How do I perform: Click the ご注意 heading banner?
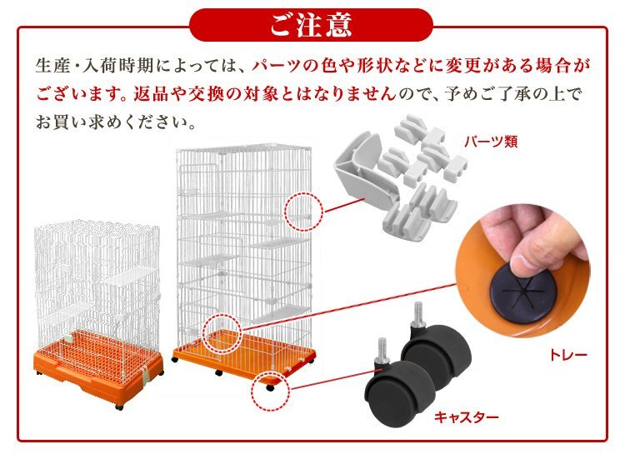point(312,24)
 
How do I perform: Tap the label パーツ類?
point(492,142)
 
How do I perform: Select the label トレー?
point(568,356)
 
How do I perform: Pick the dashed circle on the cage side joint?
point(303,212)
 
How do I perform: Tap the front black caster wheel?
point(398,392)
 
